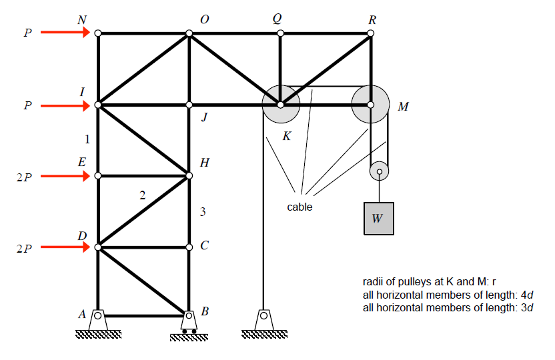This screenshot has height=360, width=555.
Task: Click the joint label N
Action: [82, 20]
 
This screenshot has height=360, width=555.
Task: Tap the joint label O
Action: [204, 20]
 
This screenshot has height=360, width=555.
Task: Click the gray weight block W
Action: [378, 219]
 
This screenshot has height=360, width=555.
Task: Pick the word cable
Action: [300, 207]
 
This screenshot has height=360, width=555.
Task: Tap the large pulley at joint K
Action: [280, 105]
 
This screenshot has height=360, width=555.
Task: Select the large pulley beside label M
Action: [370, 105]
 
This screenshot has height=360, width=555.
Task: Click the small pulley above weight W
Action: [379, 172]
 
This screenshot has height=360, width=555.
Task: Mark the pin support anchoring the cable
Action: [263, 320]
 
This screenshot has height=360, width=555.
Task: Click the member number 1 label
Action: [87, 140]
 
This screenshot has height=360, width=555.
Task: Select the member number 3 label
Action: [202, 212]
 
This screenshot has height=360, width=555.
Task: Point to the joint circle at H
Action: [189, 176]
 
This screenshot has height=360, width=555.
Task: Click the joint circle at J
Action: [189, 105]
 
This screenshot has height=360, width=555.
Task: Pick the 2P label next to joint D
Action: [24, 249]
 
